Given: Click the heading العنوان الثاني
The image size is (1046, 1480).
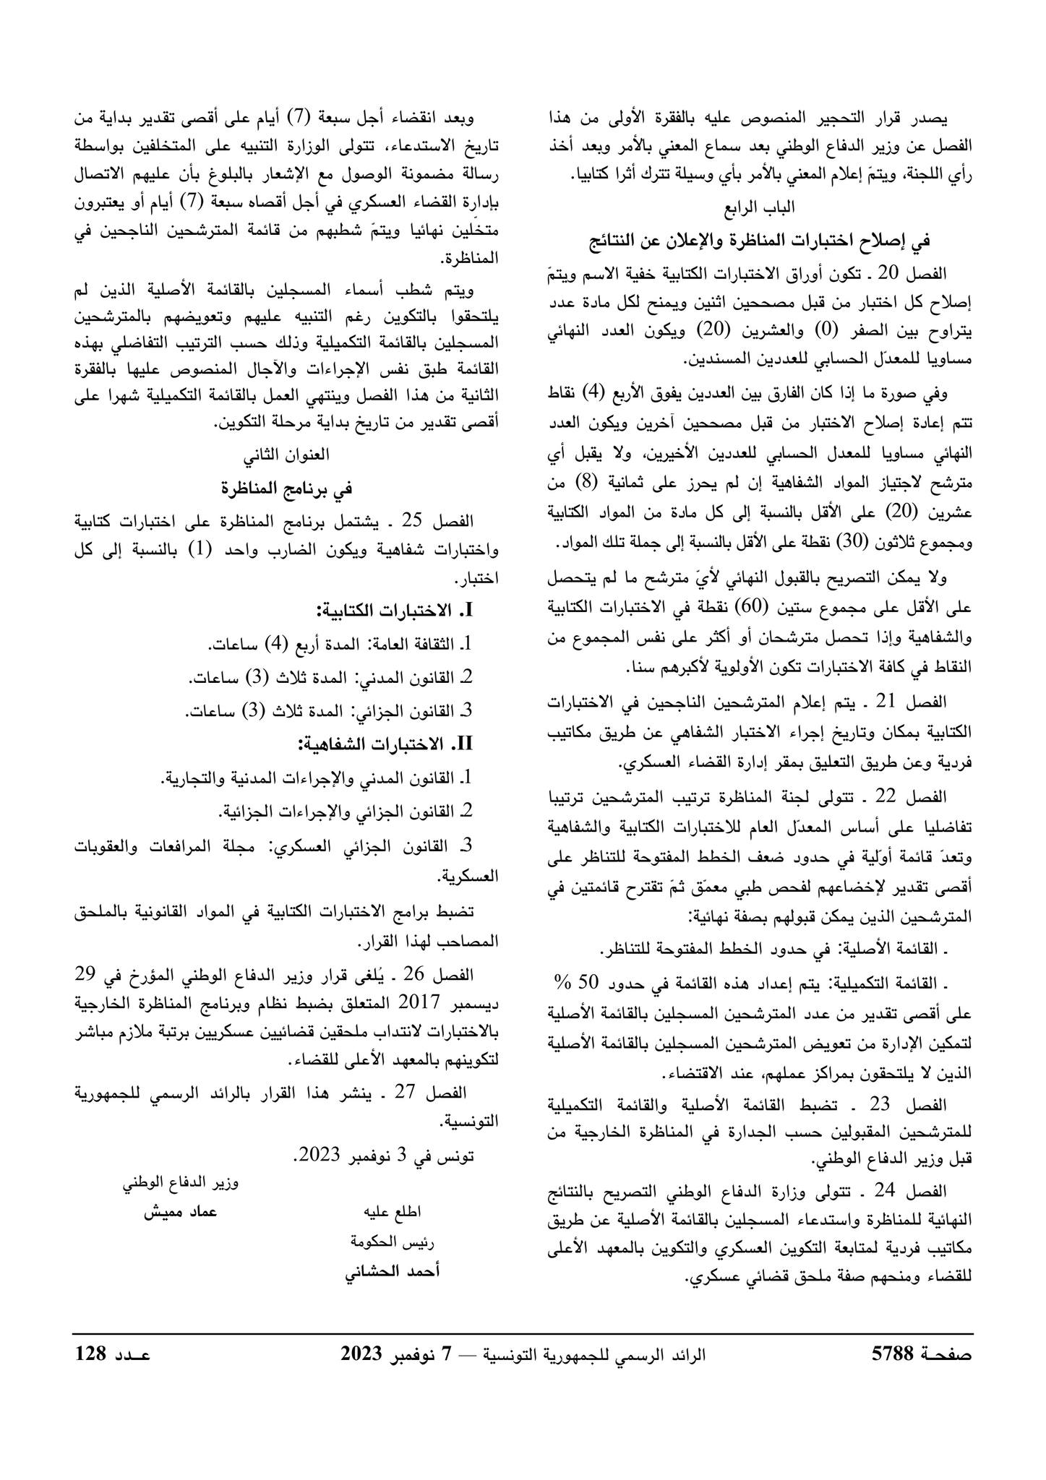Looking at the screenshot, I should (287, 455).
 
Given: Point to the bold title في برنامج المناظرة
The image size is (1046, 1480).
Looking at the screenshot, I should (287, 488).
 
